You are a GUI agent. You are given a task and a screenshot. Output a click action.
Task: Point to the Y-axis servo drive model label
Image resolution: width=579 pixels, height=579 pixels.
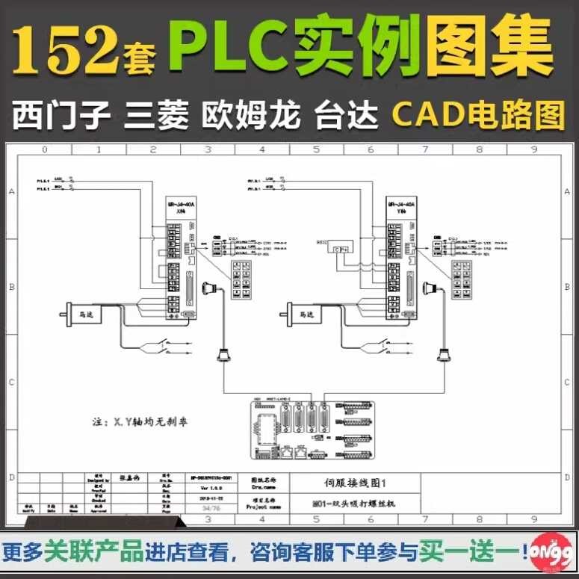coord(397,207)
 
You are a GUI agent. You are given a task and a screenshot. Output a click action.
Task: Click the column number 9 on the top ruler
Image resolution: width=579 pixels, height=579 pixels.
coord(534,149)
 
